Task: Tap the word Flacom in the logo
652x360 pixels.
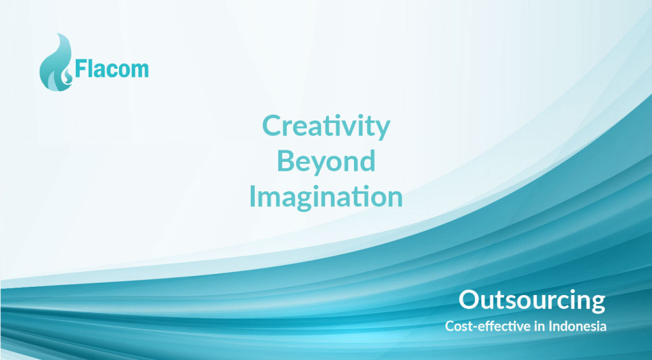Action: [111, 69]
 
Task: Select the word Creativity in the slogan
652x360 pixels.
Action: [326, 127]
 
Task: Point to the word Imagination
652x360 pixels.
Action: [326, 196]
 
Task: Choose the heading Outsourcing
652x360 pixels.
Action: [532, 301]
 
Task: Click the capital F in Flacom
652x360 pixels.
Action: [80, 69]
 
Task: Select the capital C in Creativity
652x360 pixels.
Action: [271, 126]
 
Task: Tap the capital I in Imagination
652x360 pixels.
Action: [252, 196]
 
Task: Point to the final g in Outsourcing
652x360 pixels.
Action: [597, 304]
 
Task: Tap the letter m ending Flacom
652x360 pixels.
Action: [140, 71]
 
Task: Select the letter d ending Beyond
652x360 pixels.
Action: [367, 160]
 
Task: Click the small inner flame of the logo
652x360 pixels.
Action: [67, 76]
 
